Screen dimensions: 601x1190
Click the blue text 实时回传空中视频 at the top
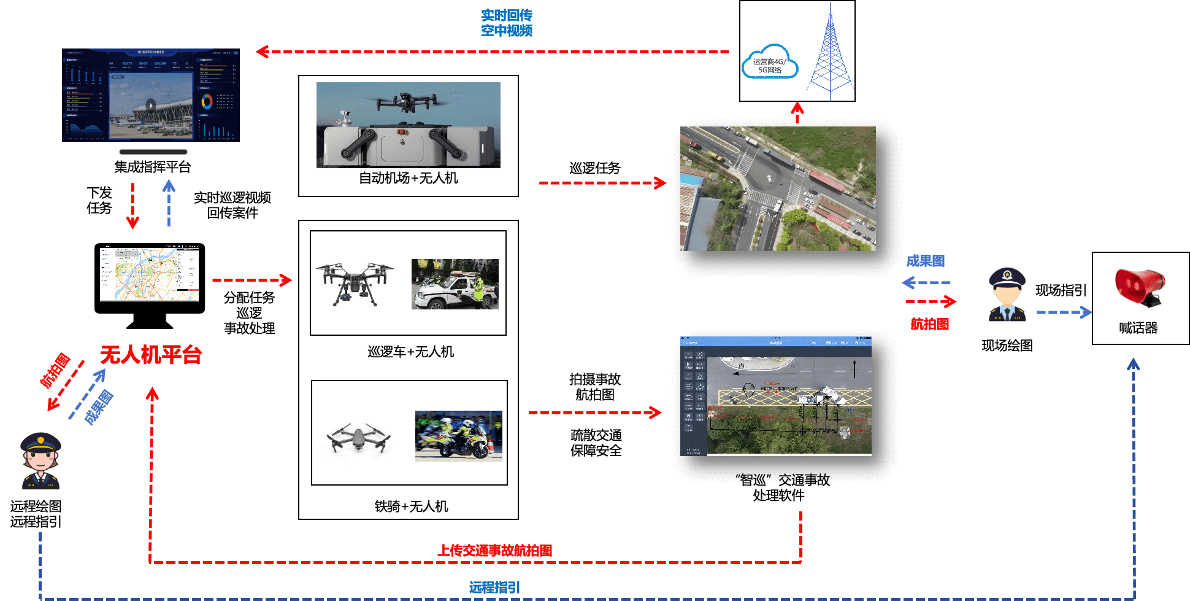507,23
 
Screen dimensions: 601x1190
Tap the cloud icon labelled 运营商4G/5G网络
770,63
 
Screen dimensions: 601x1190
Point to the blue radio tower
831,55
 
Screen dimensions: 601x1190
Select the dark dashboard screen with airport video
151,96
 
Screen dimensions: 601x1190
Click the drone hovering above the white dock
407,101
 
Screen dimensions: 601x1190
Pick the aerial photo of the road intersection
778,188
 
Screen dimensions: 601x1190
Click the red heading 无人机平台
151,355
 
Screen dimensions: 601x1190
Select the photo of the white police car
455,284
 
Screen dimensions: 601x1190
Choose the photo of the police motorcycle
458,436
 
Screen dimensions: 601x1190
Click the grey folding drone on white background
359,439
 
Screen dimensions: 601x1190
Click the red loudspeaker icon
1139,286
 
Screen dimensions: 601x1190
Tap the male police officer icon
1007,295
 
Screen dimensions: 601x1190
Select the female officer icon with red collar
41,461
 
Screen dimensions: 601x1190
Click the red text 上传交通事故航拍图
494,551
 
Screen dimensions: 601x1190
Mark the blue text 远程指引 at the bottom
494,587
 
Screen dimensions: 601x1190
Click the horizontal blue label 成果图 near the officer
925,262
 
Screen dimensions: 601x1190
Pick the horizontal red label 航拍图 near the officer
929,324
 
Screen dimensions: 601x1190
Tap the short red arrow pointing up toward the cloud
797,113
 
